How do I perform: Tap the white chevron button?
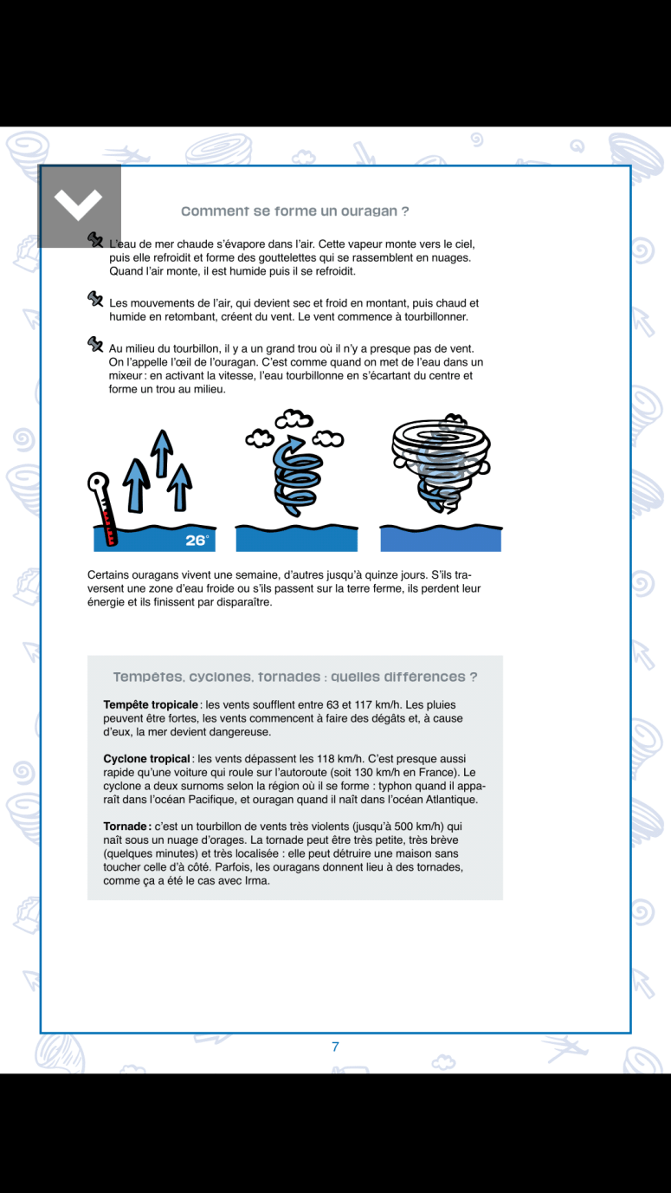[x=79, y=204]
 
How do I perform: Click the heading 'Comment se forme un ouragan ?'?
[x=294, y=211]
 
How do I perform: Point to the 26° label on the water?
[x=197, y=541]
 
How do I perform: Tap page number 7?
[x=335, y=1047]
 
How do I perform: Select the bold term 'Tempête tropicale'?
[x=152, y=704]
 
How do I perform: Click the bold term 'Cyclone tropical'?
[x=146, y=759]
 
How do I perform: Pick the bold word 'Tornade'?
[x=126, y=827]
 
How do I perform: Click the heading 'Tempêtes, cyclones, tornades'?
[x=294, y=677]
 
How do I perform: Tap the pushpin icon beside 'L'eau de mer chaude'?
[x=95, y=239]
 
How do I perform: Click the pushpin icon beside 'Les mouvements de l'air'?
[x=95, y=299]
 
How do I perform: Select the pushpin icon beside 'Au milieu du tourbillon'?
[x=95, y=344]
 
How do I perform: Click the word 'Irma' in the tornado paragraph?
[x=257, y=881]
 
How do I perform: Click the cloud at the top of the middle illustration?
[x=293, y=420]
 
